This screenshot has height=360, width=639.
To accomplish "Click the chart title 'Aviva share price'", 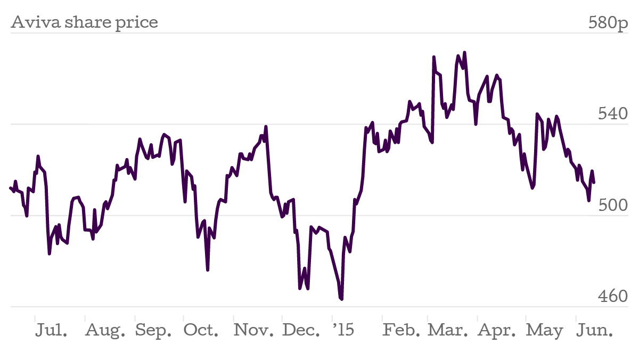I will pos(84,23).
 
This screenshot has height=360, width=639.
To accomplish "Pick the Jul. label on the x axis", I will pos(52,330).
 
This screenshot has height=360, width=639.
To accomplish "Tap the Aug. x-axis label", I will pos(105,330).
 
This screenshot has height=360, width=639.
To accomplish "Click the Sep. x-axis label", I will pos(153,330).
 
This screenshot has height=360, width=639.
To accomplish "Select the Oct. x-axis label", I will pos(201,330).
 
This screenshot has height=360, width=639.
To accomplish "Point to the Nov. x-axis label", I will pos(253,330).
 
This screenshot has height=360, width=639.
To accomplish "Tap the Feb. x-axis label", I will pos(402,330).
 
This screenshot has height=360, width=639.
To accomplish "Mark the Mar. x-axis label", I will pos(448,330).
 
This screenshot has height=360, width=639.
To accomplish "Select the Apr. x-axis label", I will pos(497,330).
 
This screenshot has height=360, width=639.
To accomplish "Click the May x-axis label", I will pos(544,330).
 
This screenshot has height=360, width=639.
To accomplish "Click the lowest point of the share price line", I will pos(341,299).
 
